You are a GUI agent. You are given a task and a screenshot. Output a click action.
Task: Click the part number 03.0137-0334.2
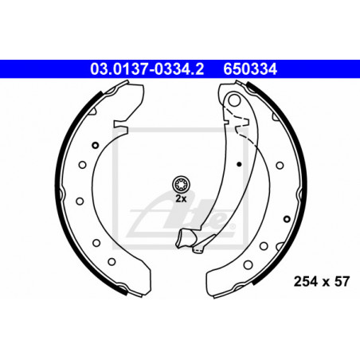tap(147, 69)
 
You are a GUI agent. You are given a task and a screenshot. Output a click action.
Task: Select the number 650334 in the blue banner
tap(250, 69)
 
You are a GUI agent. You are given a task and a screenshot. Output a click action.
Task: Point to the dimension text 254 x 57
tap(321, 281)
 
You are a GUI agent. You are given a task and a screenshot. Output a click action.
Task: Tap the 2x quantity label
tap(181, 198)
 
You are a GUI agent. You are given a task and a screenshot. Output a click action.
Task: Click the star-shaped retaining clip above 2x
tap(181, 184)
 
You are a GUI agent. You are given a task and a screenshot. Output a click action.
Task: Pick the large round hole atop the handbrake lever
tap(234, 100)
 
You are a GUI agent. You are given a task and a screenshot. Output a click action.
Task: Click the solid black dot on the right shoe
tap(239, 164)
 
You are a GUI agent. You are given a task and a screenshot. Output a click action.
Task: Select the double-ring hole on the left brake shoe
tap(95, 145)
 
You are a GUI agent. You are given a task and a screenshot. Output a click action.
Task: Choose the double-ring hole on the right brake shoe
tap(287, 219)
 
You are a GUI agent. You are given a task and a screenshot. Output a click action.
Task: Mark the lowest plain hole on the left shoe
tap(112, 261)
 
